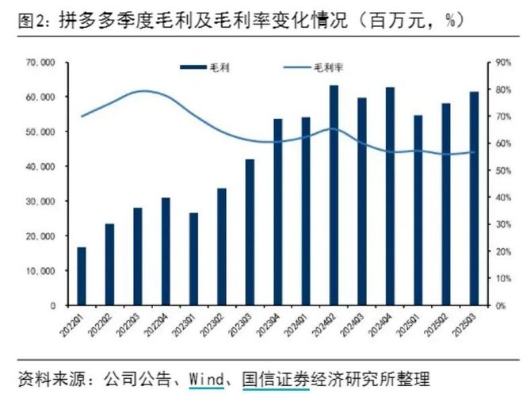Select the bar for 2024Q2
pos(334,195)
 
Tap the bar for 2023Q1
pos(193,258)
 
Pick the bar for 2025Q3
pos(474,198)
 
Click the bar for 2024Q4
pos(390,196)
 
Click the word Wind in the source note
pos(206,376)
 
